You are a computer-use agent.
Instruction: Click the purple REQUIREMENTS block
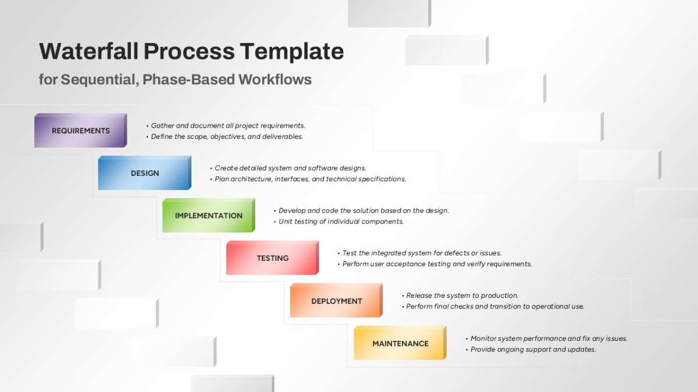[80, 130]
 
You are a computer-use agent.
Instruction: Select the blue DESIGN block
[145, 173]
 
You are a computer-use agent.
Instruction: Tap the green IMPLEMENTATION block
[208, 215]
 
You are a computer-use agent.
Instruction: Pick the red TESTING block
[272, 258]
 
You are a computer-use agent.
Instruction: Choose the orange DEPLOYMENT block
[336, 301]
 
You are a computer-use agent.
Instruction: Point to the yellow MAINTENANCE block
[400, 343]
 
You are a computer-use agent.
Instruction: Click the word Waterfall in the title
[89, 51]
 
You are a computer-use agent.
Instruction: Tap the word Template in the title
[292, 52]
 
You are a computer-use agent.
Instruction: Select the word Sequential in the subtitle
[99, 80]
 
